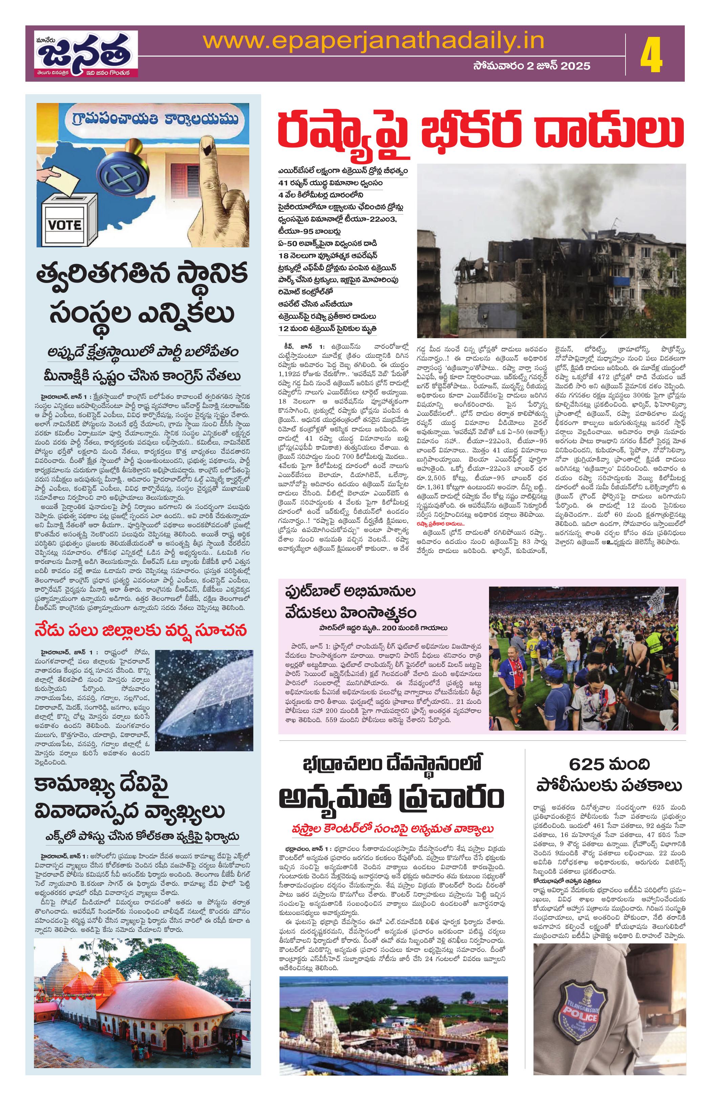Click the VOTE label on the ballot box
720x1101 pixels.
[65, 225]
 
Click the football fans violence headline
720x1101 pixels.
[350, 602]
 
